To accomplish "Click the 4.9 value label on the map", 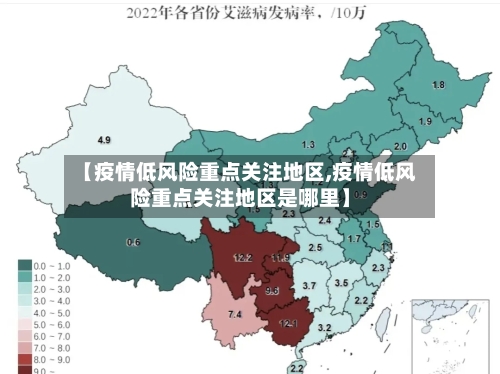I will [x=103, y=139].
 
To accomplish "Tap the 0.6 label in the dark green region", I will [x=133, y=243].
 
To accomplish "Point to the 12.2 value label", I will [x=242, y=258].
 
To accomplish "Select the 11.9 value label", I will [x=280, y=258].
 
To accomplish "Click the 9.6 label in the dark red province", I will [x=272, y=290].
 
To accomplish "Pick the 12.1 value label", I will [x=288, y=323].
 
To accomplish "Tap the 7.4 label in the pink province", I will [x=235, y=315].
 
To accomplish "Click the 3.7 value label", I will [x=309, y=286].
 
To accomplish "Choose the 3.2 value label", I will [x=324, y=327].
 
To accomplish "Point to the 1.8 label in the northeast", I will [x=438, y=85].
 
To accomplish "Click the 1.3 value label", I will [x=308, y=145].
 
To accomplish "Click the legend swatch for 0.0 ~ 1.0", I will [x=25, y=266].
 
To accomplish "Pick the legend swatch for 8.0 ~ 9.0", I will [x=25, y=358].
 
